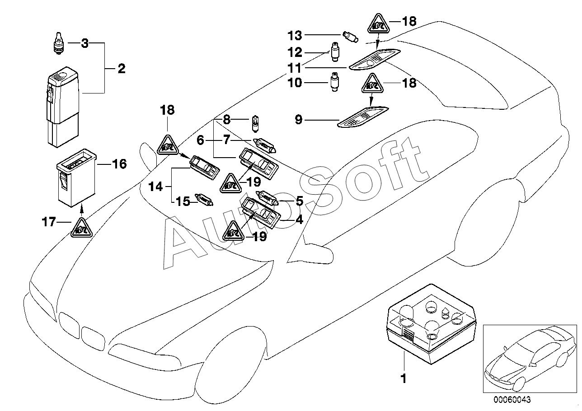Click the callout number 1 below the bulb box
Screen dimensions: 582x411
[x=404, y=378]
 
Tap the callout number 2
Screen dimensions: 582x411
[x=122, y=69]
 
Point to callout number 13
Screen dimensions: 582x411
[x=295, y=35]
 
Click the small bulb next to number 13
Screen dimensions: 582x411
[x=351, y=37]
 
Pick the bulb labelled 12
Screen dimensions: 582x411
[x=335, y=51]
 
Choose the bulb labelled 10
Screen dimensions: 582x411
[x=335, y=82]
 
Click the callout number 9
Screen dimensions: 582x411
[x=299, y=120]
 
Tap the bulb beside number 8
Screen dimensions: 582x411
[x=255, y=125]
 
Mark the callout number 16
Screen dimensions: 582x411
[x=119, y=164]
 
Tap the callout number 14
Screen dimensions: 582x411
[x=155, y=187]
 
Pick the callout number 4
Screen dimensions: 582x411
[x=300, y=220]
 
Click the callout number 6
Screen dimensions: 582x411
[x=200, y=140]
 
